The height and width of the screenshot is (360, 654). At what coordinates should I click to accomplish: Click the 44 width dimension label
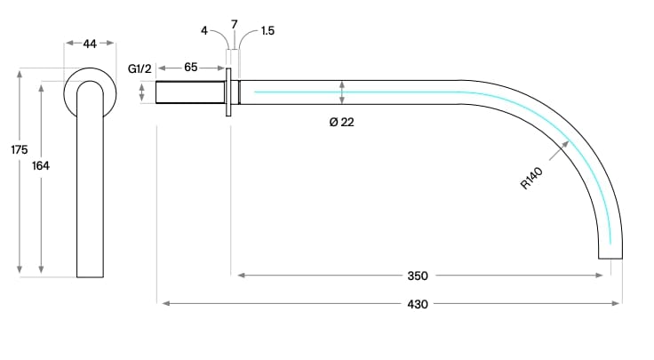point(90,44)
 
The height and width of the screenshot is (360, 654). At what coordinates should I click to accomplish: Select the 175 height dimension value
point(20,149)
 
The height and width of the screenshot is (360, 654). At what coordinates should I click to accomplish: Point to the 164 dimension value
point(41,165)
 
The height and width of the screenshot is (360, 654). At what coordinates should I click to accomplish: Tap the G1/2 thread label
point(140,68)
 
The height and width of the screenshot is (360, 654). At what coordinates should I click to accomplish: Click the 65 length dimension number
point(191,68)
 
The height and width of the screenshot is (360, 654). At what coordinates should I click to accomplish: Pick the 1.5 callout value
point(267,31)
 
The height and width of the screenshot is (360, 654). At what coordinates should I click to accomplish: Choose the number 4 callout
point(204,31)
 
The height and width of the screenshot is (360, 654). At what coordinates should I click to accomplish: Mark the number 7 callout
point(234,25)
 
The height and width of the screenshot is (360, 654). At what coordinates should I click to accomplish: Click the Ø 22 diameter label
point(341,122)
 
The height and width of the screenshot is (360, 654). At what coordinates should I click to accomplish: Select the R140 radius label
point(531,178)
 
